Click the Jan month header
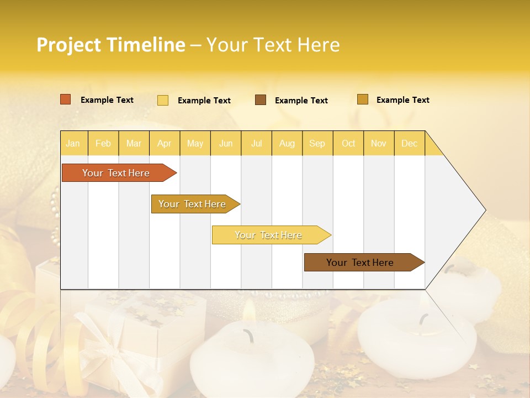point(73,143)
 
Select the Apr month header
point(164,143)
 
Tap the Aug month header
point(287,143)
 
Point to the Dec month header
point(409,143)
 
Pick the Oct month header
point(348,143)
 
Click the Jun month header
point(226,143)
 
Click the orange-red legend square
point(65,99)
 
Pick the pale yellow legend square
point(163,100)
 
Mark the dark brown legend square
point(261,100)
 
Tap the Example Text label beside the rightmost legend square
point(402,100)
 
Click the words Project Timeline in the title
point(110,45)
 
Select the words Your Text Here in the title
point(273,45)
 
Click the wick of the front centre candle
point(249,334)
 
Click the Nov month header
point(379,143)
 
